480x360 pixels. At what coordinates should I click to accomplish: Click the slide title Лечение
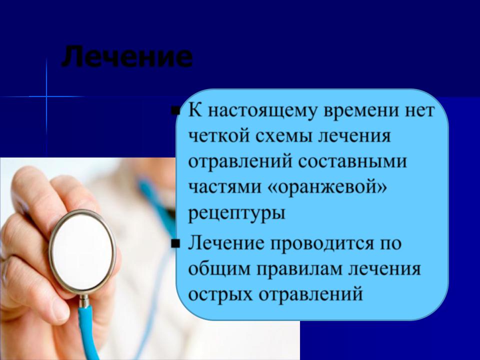(x=127, y=56)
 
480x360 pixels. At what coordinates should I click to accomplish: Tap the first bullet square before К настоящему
(x=175, y=110)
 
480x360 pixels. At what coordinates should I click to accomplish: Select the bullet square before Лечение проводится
(x=175, y=243)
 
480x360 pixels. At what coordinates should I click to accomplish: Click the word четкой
(x=219, y=136)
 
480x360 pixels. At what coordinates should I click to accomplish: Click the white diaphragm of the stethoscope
(x=82, y=251)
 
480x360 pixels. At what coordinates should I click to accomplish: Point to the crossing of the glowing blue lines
(x=46, y=96)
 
